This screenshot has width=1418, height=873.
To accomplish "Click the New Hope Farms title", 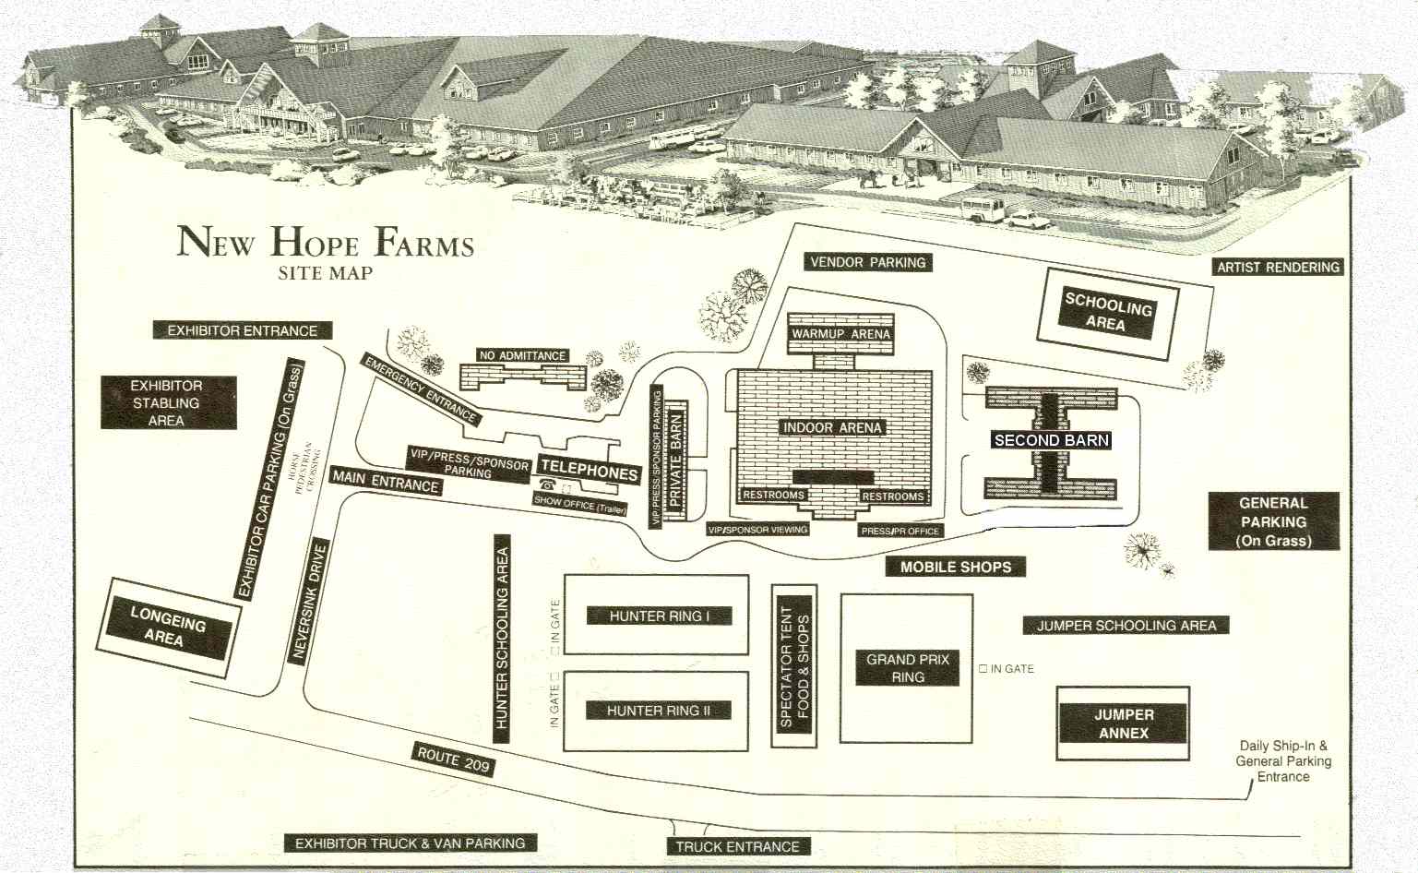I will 325,242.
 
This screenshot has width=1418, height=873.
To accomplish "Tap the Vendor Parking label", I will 867,262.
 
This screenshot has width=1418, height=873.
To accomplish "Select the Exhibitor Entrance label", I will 242,330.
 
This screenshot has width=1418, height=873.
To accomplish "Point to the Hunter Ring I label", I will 659,616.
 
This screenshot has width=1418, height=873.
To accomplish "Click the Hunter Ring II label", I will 659,711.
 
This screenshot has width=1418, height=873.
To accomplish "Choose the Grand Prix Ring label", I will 908,668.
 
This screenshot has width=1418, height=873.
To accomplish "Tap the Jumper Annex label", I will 1123,724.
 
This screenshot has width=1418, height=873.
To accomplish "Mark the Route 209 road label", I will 454,760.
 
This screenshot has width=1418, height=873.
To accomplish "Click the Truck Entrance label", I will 737,846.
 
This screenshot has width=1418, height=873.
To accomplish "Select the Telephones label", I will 589,472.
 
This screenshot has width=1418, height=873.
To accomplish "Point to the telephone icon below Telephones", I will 547,486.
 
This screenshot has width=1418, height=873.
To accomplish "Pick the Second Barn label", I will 1051,440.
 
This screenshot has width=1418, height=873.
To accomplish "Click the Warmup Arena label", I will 840,333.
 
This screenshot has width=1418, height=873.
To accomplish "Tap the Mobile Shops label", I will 956,567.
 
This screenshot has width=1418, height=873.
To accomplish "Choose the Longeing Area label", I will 167,628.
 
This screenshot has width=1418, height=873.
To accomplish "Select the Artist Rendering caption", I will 1278,267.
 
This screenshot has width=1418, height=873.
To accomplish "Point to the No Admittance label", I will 522,355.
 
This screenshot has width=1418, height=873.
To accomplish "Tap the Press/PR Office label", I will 900,531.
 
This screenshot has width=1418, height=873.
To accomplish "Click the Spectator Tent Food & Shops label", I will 793,666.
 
